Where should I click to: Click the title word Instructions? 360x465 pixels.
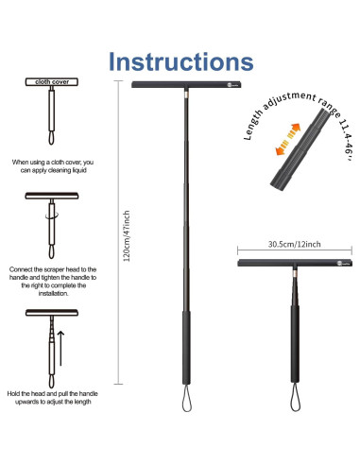(180, 60)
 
